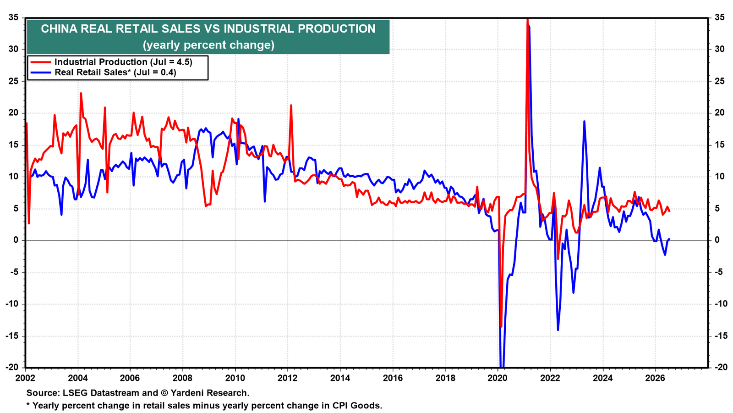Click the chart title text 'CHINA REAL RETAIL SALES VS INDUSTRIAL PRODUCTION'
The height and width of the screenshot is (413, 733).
click(208, 29)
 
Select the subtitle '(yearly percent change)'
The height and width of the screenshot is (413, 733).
click(208, 45)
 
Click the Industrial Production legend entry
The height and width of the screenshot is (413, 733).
click(111, 62)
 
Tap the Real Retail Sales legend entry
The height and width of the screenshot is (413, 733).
click(104, 72)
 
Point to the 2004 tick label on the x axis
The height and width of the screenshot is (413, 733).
click(77, 378)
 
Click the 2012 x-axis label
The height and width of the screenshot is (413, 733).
click(287, 378)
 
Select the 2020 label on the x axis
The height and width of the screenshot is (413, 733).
click(498, 378)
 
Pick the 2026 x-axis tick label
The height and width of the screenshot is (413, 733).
click(655, 378)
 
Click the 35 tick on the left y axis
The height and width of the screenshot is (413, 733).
click(13, 17)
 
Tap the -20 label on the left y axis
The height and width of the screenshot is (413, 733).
click(11, 368)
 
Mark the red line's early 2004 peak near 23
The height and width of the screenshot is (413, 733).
click(81, 94)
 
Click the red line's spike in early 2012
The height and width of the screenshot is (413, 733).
click(291, 106)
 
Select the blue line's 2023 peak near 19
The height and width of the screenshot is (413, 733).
click(584, 122)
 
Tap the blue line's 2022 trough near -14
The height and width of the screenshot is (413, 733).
click(558, 330)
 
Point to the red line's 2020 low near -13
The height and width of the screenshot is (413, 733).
click(501, 326)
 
